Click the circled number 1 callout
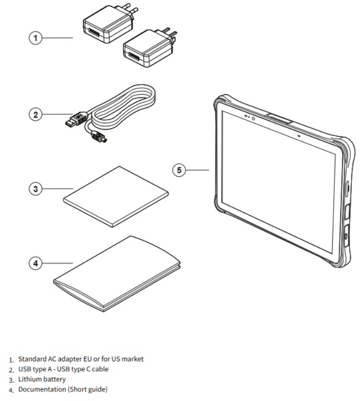pos(34,37)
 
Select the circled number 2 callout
pos(34,115)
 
